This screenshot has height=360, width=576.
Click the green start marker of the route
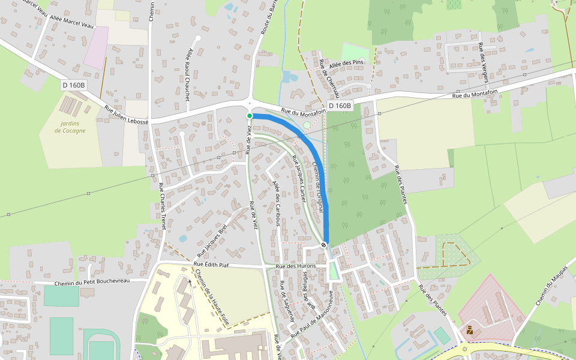pyautogui.click(x=250, y=115)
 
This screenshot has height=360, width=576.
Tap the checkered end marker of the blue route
pyautogui.click(x=324, y=244)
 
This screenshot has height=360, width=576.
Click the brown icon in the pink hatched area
pyautogui.click(x=470, y=329)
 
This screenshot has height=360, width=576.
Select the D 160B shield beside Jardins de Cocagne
pyautogui.click(x=73, y=85)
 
